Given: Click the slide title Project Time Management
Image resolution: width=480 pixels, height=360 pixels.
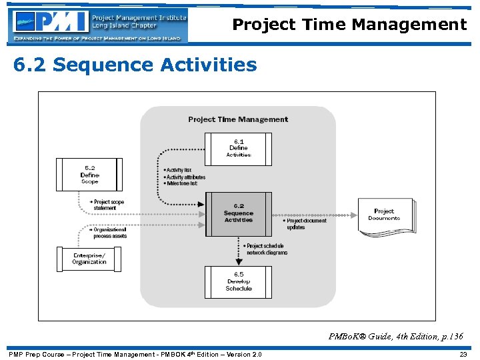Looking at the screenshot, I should [349, 25].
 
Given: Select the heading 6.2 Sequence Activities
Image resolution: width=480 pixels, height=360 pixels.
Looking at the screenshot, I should [135, 65].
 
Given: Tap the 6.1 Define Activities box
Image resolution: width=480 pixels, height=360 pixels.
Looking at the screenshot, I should [238, 148].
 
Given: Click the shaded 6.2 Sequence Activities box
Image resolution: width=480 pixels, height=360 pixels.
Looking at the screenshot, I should [238, 213].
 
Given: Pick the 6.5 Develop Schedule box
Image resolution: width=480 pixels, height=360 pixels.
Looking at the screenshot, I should [238, 281].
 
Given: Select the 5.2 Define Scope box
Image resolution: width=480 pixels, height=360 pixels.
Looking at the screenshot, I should [89, 175].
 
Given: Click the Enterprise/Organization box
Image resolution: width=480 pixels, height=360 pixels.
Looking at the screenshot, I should [89, 259].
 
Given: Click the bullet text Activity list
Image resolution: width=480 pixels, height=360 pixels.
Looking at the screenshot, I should [178, 170].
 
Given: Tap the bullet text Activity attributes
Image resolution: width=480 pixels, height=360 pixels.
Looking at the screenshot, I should [185, 177].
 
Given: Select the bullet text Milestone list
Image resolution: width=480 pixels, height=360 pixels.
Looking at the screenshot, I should [181, 183].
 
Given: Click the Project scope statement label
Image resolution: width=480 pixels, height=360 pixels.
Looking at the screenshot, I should [108, 205].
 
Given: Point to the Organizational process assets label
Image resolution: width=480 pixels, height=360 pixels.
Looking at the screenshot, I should [109, 233].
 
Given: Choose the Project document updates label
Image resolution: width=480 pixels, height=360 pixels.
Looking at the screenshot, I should [306, 224].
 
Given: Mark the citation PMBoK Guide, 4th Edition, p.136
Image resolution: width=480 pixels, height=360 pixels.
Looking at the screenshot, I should [395, 337].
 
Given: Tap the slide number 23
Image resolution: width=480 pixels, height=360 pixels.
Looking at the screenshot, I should [463, 354].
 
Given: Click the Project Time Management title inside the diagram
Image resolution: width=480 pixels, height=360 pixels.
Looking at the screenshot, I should [238, 119].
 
